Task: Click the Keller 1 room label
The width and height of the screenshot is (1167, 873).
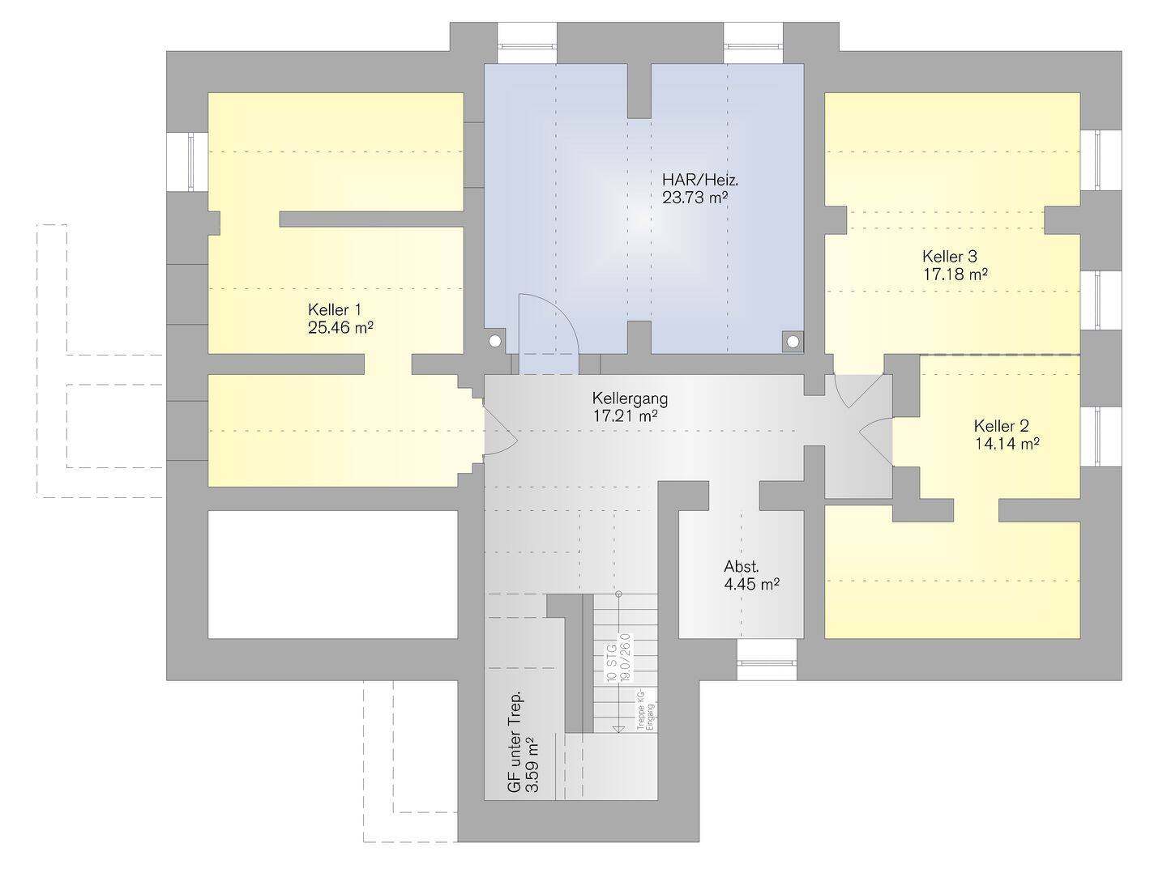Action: pyautogui.click(x=334, y=309)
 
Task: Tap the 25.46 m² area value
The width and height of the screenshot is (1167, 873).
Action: pyautogui.click(x=340, y=328)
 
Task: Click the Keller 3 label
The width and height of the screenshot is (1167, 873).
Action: pyautogui.click(x=950, y=256)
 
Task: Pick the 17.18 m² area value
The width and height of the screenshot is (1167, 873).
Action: pyautogui.click(x=955, y=275)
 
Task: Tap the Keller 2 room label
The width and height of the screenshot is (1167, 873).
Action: pyautogui.click(x=1002, y=425)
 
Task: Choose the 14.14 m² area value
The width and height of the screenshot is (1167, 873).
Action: pyautogui.click(x=1007, y=444)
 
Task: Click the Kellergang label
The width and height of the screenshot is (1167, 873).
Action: pyautogui.click(x=630, y=398)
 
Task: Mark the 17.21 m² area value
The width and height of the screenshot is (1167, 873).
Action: pyautogui.click(x=625, y=416)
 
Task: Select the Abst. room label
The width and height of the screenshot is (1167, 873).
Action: pyautogui.click(x=742, y=567)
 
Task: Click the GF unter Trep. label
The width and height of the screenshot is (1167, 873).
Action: pyautogui.click(x=514, y=741)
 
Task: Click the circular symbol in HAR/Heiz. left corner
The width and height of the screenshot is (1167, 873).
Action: pyautogui.click(x=495, y=342)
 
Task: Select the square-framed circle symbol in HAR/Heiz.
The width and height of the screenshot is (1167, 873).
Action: pyautogui.click(x=791, y=342)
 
